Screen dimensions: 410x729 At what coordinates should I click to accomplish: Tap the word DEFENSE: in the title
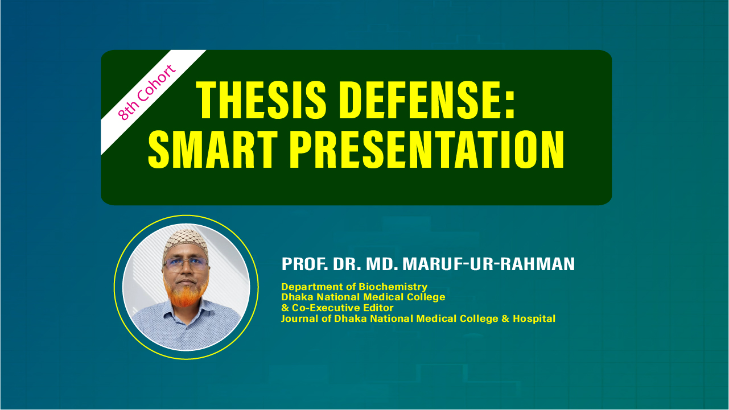tap(422, 101)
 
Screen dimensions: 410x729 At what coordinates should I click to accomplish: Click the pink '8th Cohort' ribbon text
tap(147, 93)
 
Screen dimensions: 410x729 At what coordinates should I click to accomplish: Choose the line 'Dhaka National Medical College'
tap(363, 297)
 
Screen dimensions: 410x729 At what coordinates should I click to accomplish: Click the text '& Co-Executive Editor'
tap(337, 308)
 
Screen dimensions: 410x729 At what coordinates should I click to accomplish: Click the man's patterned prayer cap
tap(186, 241)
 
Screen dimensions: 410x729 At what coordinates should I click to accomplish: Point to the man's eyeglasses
tap(186, 262)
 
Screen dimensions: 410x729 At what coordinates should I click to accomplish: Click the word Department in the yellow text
tap(309, 287)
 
